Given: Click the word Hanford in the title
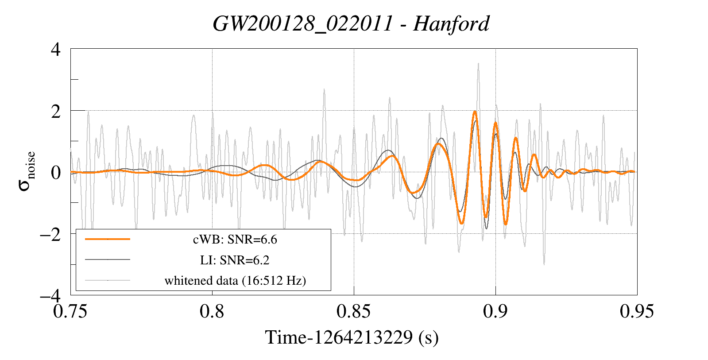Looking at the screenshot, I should point(451,23).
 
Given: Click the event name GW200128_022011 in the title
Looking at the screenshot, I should point(303,23).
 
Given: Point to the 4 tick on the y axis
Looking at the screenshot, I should point(56,49).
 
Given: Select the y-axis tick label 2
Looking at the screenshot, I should point(56,111).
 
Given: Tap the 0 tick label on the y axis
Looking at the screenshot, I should point(56,172).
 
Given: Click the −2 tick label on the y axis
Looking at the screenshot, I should point(50,234).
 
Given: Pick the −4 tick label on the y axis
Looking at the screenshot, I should point(50,295).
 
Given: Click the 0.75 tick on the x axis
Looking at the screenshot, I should point(70,311).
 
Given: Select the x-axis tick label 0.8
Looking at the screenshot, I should point(212,311).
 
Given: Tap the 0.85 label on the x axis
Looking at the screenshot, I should point(353,311).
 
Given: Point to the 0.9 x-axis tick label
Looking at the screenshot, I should point(495,311).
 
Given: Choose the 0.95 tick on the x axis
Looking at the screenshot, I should point(637,311).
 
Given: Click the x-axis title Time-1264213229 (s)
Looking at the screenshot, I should point(352,338).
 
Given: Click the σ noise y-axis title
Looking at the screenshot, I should point(27,172).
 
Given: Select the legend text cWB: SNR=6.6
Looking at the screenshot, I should point(235,240).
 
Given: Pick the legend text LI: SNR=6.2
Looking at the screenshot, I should point(235,260).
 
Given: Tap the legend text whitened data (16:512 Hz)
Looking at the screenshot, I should point(235,280).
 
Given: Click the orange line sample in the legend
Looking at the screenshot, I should point(108,239).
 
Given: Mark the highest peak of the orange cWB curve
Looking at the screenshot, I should point(475,112).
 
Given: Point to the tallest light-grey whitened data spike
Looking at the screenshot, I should point(478,64).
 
